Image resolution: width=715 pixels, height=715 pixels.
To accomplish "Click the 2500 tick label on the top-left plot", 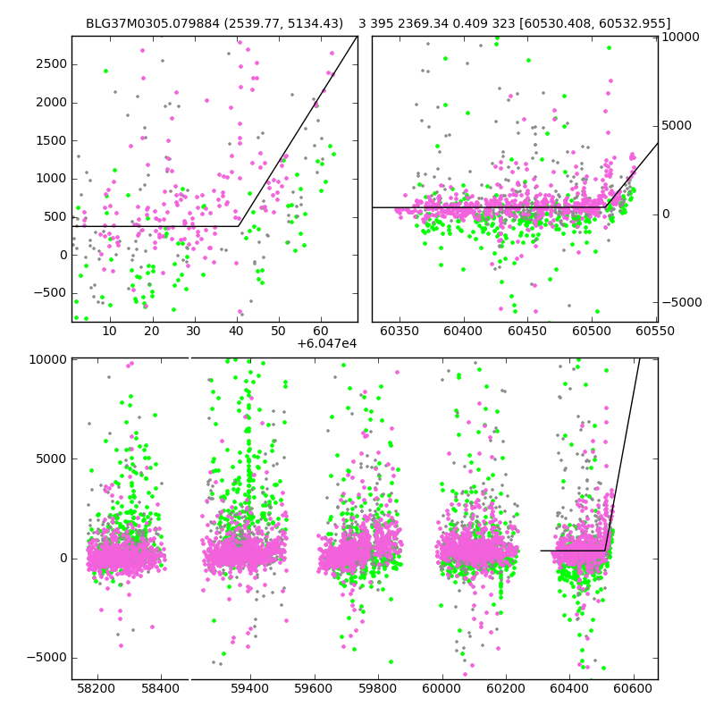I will tap(52, 64).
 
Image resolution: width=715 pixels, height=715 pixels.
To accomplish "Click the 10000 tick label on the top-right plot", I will tap(679, 38).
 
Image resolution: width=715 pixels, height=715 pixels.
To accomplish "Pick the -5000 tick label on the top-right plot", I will tap(679, 302).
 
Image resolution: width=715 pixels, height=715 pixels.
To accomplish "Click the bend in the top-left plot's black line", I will tap(239, 226).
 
